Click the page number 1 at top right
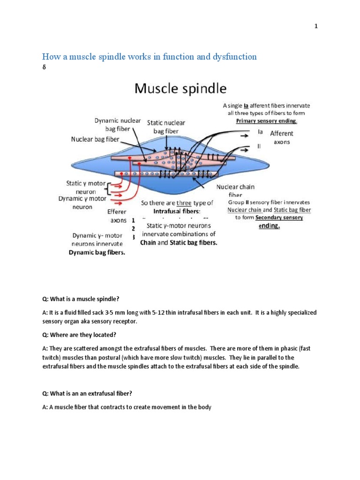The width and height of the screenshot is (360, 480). point(316,26)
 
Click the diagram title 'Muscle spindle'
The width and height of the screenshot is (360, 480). point(180,89)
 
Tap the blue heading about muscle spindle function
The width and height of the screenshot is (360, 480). point(150,57)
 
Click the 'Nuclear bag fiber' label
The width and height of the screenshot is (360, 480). point(95,139)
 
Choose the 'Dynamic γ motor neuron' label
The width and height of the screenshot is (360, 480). point(82,202)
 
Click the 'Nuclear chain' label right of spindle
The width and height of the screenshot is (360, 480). point(235,187)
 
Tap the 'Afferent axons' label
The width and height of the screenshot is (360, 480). point(281,137)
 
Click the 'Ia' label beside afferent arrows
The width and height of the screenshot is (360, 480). point(260,132)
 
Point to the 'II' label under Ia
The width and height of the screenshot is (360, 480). point(260,146)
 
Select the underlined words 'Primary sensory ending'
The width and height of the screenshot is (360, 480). point(266,120)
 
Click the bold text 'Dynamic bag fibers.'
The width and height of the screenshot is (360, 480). point(97,252)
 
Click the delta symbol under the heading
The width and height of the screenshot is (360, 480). point(44,67)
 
